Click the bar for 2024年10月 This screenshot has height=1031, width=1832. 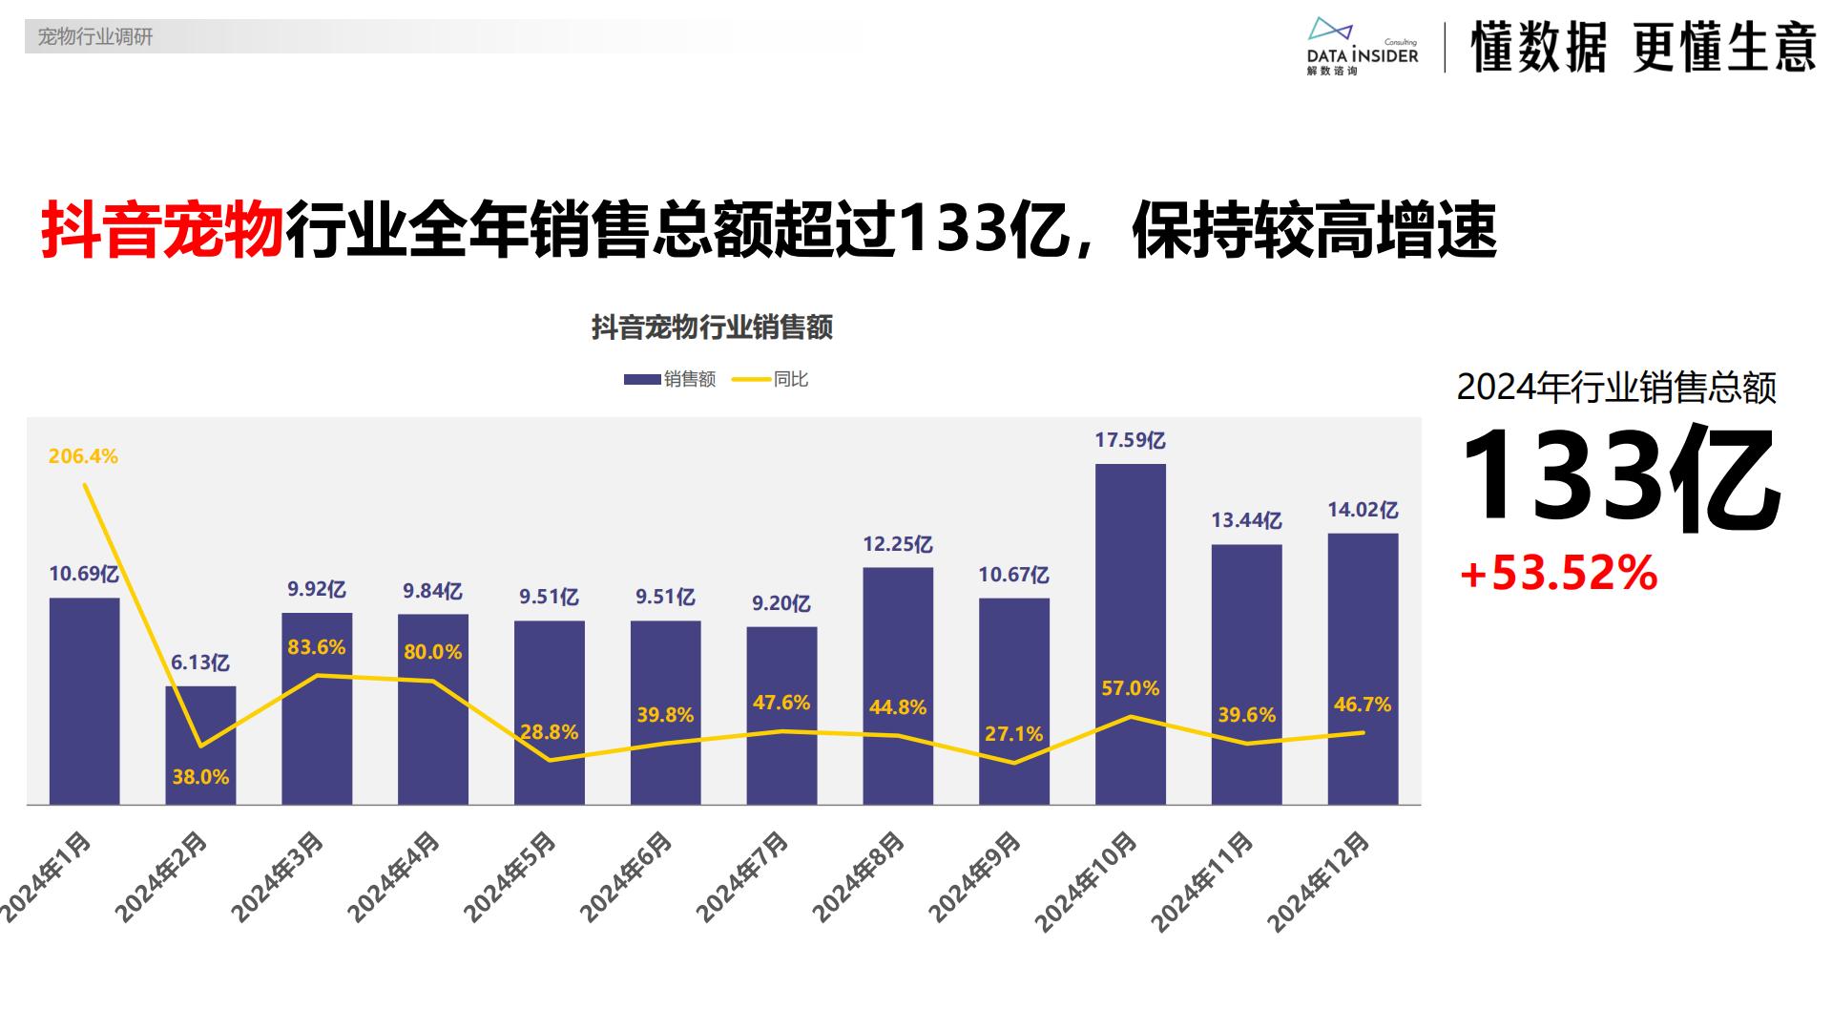click(1130, 634)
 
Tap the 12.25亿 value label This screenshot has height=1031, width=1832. click(897, 544)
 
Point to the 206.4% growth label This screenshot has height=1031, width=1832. click(83, 456)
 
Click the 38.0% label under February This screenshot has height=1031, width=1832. click(200, 777)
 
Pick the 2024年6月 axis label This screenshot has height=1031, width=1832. click(627, 877)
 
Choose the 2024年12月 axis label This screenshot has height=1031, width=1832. click(1320, 881)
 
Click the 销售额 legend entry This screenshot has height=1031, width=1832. click(670, 379)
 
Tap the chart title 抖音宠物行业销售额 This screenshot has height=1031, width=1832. click(712, 327)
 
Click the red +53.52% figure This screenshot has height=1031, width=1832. click(1558, 573)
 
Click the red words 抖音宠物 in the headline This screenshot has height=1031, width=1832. click(162, 231)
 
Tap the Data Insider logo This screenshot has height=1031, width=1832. click(1363, 46)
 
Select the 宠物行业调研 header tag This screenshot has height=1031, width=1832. click(94, 37)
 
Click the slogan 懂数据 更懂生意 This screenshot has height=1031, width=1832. click(1642, 46)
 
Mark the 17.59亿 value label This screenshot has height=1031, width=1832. click(1130, 440)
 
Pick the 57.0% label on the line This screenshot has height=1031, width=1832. click(1130, 688)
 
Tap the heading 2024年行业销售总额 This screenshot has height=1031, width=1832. click(1616, 389)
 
